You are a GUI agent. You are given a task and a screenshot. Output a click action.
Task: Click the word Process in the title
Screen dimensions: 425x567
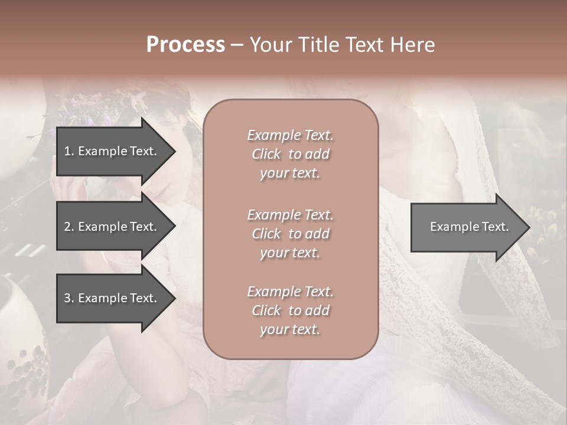click(x=185, y=45)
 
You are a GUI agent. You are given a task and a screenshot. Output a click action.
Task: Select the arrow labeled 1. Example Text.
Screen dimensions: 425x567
click(x=112, y=151)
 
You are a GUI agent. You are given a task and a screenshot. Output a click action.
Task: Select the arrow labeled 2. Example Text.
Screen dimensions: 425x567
click(x=112, y=227)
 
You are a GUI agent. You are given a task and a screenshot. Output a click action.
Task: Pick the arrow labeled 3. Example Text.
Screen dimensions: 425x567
click(x=112, y=298)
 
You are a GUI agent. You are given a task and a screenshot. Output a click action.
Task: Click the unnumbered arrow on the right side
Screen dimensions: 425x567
click(x=467, y=227)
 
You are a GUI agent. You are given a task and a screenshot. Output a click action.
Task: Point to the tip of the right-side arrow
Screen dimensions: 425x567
click(x=529, y=227)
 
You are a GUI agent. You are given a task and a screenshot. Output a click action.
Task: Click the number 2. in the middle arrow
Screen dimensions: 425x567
click(x=69, y=227)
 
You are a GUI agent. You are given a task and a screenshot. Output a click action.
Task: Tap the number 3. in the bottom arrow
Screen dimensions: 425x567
click(x=69, y=298)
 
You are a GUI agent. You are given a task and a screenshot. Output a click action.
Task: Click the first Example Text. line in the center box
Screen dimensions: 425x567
click(x=290, y=135)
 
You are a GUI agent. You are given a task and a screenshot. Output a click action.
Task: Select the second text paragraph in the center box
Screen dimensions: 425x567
click(x=290, y=234)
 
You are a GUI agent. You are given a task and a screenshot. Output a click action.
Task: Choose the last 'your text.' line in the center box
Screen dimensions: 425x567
click(x=290, y=330)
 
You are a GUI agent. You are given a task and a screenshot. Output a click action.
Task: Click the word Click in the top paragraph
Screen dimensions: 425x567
click(x=266, y=154)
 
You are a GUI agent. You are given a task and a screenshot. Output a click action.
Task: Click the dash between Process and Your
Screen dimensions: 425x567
click(x=237, y=45)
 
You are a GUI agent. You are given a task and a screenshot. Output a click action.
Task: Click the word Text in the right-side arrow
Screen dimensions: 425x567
click(x=495, y=227)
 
